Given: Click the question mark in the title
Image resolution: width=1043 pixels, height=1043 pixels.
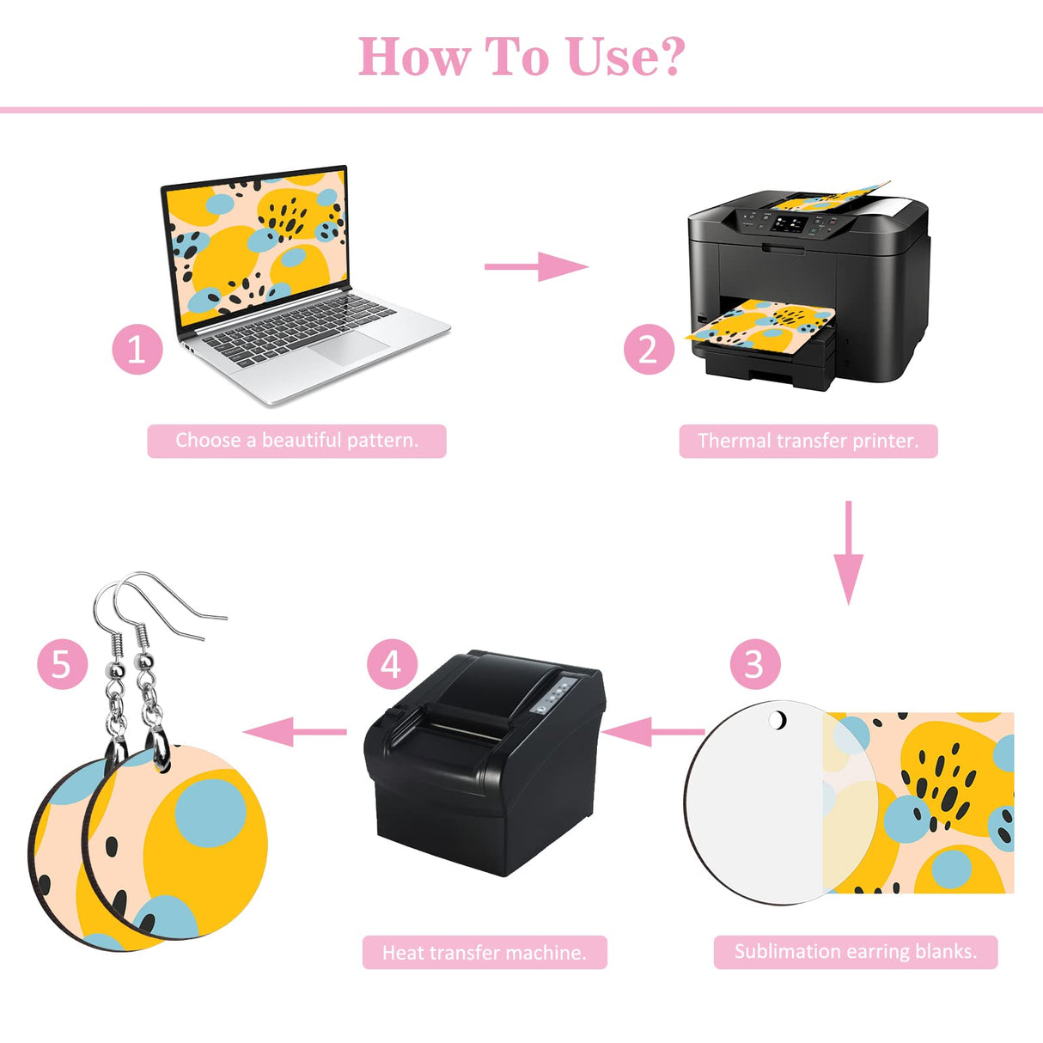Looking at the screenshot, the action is coord(668,56).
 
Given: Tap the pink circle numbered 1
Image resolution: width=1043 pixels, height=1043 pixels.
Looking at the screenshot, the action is coord(137,349).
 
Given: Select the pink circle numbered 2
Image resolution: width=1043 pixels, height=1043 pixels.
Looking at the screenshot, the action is coord(649,349).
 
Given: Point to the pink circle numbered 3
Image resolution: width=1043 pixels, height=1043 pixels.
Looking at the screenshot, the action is coord(755,664).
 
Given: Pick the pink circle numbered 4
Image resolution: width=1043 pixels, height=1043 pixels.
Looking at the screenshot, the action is coord(392,664).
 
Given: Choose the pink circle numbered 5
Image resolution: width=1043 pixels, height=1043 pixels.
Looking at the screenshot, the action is coord(62,664).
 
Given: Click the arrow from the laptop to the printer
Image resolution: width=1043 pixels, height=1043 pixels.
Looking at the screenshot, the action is coord(536,266).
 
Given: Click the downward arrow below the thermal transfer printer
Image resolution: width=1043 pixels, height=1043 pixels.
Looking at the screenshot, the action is coord(848,552).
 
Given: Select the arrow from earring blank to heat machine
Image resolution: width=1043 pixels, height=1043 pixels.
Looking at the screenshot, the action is coord(652,732).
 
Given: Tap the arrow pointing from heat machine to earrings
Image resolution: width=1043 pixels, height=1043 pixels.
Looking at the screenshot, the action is coord(295,732).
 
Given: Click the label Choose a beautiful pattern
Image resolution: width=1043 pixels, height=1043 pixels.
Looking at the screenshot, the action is coord(296,441).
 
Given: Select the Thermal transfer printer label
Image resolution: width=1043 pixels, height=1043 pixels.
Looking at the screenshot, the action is coord(808,441).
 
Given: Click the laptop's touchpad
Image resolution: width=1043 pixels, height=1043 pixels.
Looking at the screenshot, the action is coord(349,347).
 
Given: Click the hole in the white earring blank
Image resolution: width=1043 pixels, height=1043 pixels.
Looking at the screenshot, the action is coord(778,720).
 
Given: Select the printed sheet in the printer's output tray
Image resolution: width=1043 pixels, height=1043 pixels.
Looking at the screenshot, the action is coord(760,323).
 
